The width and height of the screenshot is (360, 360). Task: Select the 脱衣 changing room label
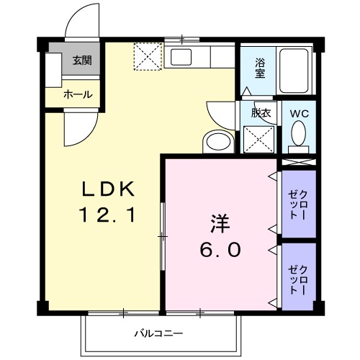tap(260, 112)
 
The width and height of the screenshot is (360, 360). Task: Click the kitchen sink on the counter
tap(180, 58)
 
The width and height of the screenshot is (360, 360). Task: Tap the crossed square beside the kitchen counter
tap(149, 57)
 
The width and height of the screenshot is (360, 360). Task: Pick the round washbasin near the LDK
tap(217, 141)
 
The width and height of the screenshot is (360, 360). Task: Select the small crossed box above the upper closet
tap(298, 163)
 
